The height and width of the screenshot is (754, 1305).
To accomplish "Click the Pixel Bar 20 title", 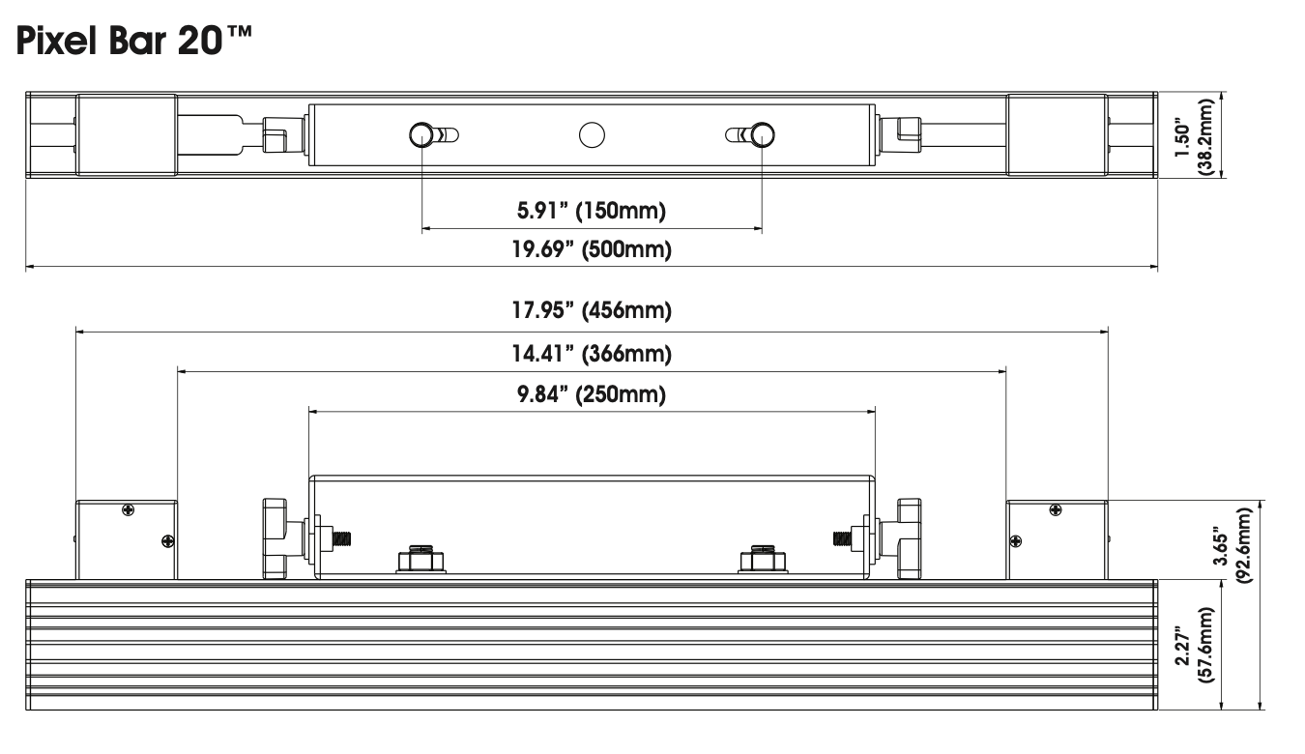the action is [134, 41].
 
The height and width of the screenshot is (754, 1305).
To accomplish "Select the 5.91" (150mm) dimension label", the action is [592, 211].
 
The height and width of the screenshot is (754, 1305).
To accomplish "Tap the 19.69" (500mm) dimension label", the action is [592, 249].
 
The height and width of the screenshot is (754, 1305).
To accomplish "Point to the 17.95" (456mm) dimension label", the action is [592, 310].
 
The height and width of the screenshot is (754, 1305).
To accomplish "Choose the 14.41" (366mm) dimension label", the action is [592, 354].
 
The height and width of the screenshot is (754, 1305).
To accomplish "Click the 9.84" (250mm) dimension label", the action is [592, 394].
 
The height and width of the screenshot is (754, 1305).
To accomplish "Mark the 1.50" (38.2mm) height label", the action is [1194, 136].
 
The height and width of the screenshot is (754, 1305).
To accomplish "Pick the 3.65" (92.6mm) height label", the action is [1232, 546].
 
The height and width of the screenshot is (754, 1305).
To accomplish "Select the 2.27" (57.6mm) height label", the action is [1194, 645].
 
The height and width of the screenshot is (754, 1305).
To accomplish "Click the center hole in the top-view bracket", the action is [592, 135].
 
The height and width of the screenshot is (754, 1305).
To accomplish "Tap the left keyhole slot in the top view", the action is [434, 135].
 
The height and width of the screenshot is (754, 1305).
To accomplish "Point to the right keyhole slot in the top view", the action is [750, 135].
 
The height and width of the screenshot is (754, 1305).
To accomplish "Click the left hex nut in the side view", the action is [420, 560].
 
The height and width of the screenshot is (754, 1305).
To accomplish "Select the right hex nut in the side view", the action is [763, 560].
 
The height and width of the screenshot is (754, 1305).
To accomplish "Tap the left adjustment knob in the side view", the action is [275, 538].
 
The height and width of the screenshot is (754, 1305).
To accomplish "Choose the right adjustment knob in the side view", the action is [909, 538].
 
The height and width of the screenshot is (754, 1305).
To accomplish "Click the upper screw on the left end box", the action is [129, 510].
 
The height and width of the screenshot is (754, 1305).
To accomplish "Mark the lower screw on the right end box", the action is [1015, 541].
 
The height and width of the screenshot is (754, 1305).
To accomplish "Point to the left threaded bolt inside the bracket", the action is [342, 538].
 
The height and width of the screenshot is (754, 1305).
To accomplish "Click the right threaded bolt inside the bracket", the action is [842, 538].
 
